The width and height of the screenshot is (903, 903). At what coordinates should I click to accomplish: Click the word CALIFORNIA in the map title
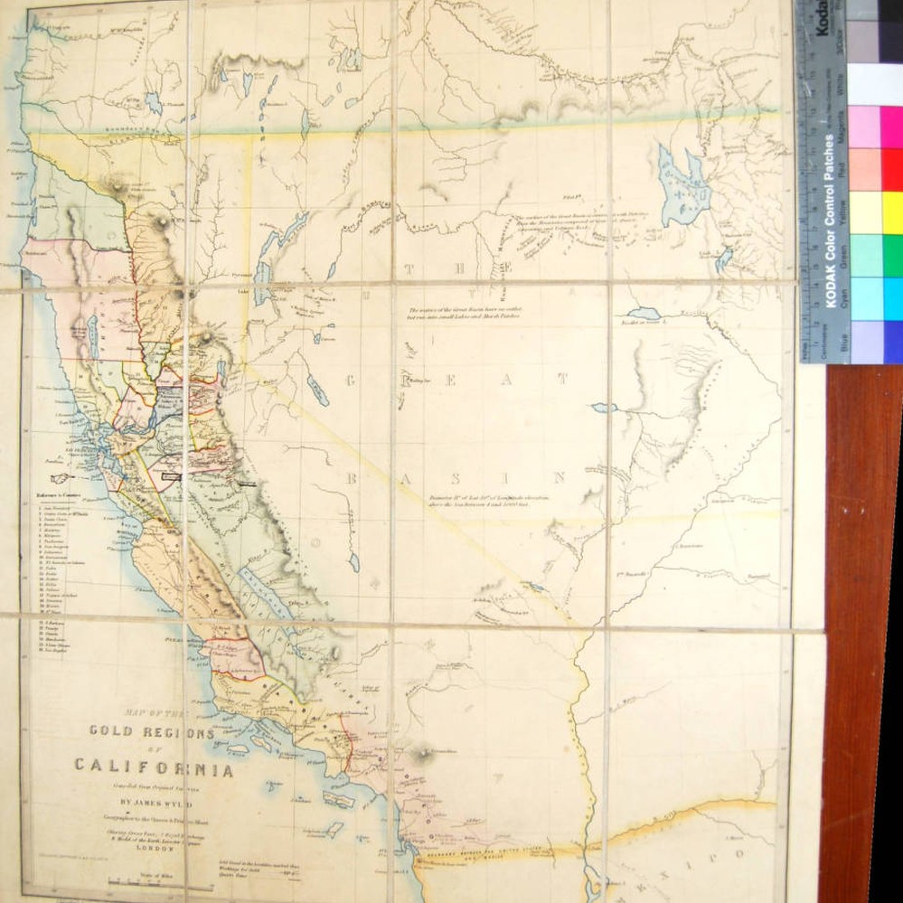(154, 769)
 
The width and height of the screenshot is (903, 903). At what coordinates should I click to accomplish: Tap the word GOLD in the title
(116, 732)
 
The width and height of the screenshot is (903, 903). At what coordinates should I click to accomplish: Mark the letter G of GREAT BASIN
(346, 380)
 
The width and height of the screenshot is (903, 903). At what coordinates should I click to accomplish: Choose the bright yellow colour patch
(891, 212)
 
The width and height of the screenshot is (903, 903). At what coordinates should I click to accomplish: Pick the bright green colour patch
(891, 255)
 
